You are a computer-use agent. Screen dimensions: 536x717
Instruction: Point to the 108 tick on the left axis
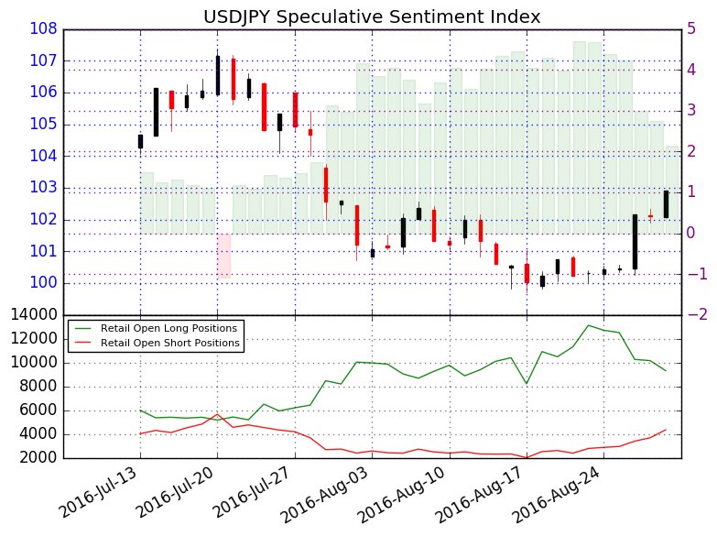click(x=46, y=29)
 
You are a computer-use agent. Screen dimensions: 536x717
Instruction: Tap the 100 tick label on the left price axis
click(x=46, y=283)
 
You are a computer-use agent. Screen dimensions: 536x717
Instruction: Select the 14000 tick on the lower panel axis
click(x=37, y=315)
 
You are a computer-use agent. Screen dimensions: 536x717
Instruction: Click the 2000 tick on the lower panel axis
click(x=41, y=458)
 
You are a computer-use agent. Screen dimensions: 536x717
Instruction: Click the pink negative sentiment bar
click(x=223, y=255)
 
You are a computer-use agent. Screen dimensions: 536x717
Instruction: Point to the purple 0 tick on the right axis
click(x=692, y=233)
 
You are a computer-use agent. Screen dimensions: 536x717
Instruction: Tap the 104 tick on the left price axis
click(x=46, y=157)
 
